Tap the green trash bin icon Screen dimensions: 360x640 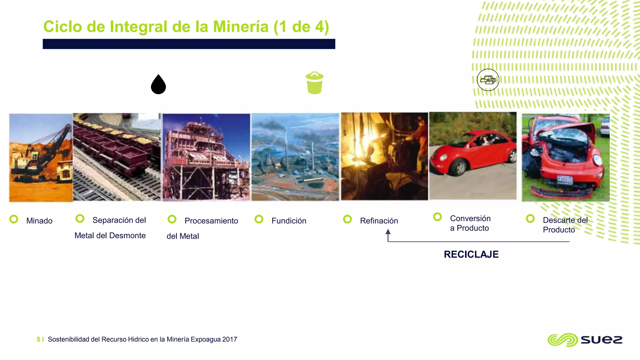pyautogui.click(x=315, y=83)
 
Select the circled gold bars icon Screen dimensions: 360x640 pyautogui.click(x=488, y=80)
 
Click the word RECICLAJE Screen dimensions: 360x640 pyautogui.click(x=471, y=254)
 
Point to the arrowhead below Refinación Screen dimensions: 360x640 pyautogui.click(x=388, y=232)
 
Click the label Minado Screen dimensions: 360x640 pyautogui.click(x=39, y=221)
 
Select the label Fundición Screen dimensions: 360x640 pyautogui.click(x=289, y=221)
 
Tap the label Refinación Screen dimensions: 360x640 pyautogui.click(x=379, y=221)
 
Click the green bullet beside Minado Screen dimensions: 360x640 pyautogui.click(x=14, y=219)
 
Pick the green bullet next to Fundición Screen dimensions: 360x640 pyautogui.click(x=259, y=219)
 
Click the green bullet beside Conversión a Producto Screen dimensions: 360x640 pyautogui.click(x=437, y=217)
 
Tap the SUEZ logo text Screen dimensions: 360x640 pyautogui.click(x=602, y=340)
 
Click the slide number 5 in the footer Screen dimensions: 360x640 pyautogui.click(x=38, y=339)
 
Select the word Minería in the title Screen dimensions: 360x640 pyautogui.click(x=241, y=27)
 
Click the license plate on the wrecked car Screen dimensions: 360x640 pyautogui.click(x=565, y=180)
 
